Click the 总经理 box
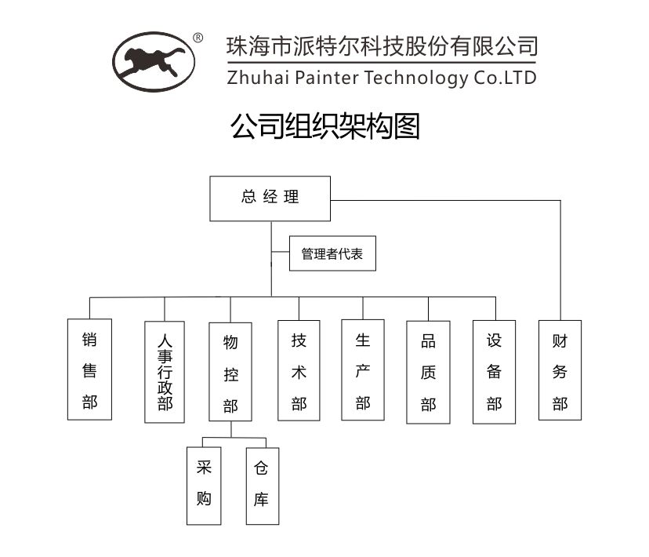coord(270,198)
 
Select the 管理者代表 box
coord(332,254)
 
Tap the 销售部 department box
coord(89,370)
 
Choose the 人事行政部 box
coord(165,372)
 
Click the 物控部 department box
coord(230,373)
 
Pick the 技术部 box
coord(299,370)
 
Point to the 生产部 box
coord(363,370)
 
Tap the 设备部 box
coord(494,371)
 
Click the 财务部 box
coord(560,370)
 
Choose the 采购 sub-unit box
coord(204,485)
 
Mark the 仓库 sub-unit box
coord(262,485)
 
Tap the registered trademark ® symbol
coord(198,38)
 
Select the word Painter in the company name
coord(330,78)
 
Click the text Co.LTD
coord(505,78)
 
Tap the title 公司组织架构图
coord(324,126)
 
